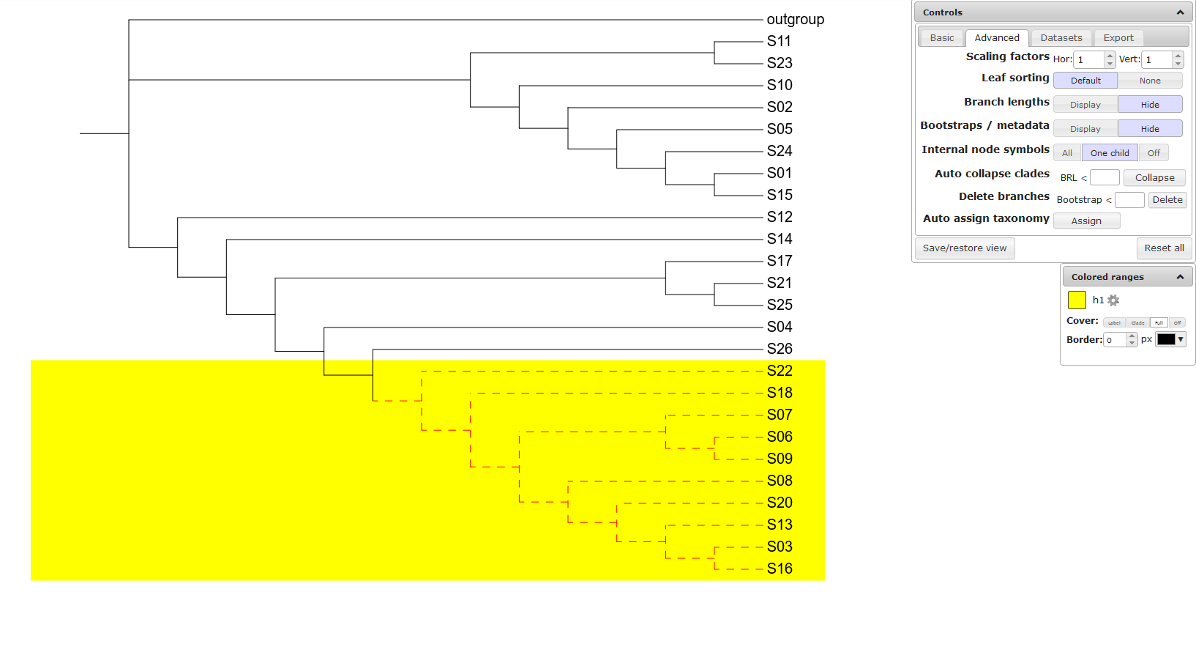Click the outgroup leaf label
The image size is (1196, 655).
[795, 20]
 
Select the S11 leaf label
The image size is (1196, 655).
[779, 42]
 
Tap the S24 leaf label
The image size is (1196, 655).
[780, 152]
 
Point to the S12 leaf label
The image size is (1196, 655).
[780, 218]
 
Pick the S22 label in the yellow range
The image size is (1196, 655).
[780, 371]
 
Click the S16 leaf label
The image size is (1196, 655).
[780, 569]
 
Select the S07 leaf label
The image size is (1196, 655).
[780, 415]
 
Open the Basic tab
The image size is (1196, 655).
[941, 38]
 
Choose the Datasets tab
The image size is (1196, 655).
[1061, 38]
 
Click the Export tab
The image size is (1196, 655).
[1118, 38]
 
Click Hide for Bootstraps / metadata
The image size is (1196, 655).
[1149, 129]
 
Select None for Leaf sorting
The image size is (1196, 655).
[1149, 81]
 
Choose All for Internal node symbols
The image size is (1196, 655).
[1066, 153]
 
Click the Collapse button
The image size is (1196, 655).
[1154, 178]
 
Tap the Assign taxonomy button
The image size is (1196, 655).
[1085, 221]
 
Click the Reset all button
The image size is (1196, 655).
[1164, 248]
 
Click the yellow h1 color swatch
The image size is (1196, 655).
[1077, 300]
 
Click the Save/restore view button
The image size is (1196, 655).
[964, 248]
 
